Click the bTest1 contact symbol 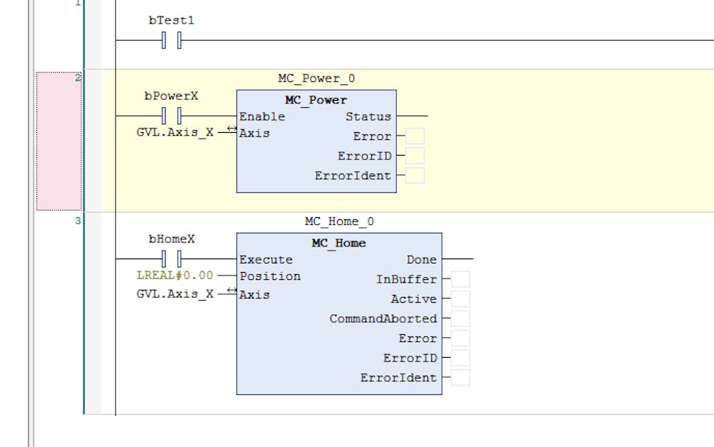(x=171, y=41)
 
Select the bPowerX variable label (x=171, y=96)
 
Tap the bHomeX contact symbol (x=171, y=258)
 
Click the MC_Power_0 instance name (x=316, y=79)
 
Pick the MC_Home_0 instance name (x=339, y=221)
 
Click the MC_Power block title (x=316, y=100)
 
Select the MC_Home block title (x=338, y=243)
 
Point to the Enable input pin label (x=262, y=116)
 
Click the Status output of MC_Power (x=368, y=116)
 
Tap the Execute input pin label (x=266, y=259)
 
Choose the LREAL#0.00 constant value (x=174, y=275)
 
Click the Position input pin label (x=270, y=276)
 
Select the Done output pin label (x=421, y=259)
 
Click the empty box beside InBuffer (x=461, y=279)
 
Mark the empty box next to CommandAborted (x=461, y=318)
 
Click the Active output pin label (x=413, y=299)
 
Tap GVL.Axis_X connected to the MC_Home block (x=174, y=293)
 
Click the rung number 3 (x=78, y=221)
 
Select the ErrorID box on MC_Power (x=415, y=156)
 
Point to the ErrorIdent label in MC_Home (x=398, y=378)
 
